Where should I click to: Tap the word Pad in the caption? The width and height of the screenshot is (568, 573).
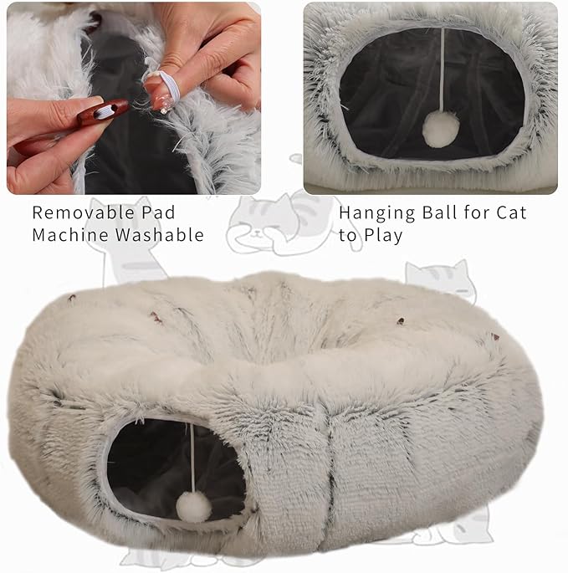coord(158,212)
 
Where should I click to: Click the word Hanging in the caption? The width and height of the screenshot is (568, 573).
coord(377,213)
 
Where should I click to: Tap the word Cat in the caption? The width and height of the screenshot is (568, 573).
coord(511,212)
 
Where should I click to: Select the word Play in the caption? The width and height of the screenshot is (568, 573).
coord(383,235)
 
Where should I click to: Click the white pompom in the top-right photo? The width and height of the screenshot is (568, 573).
coord(441,130)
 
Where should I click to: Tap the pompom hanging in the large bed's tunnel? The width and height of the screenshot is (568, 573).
coord(194,507)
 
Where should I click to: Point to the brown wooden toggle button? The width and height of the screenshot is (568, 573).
coord(103,111)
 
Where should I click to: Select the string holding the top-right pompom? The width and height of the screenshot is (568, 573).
coord(443,70)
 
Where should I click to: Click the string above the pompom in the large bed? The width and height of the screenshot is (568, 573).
coord(192,458)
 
